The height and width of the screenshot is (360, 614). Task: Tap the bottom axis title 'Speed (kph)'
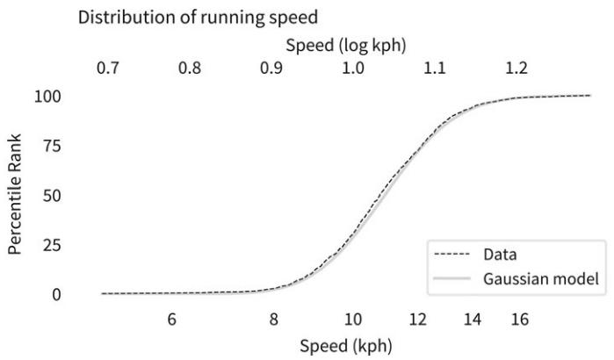point(346,346)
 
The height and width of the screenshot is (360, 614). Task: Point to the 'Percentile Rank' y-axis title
point(15,194)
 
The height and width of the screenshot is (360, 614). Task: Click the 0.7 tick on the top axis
point(107,68)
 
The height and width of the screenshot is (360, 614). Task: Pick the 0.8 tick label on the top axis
point(189,68)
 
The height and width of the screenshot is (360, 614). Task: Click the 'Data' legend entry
point(500,255)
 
